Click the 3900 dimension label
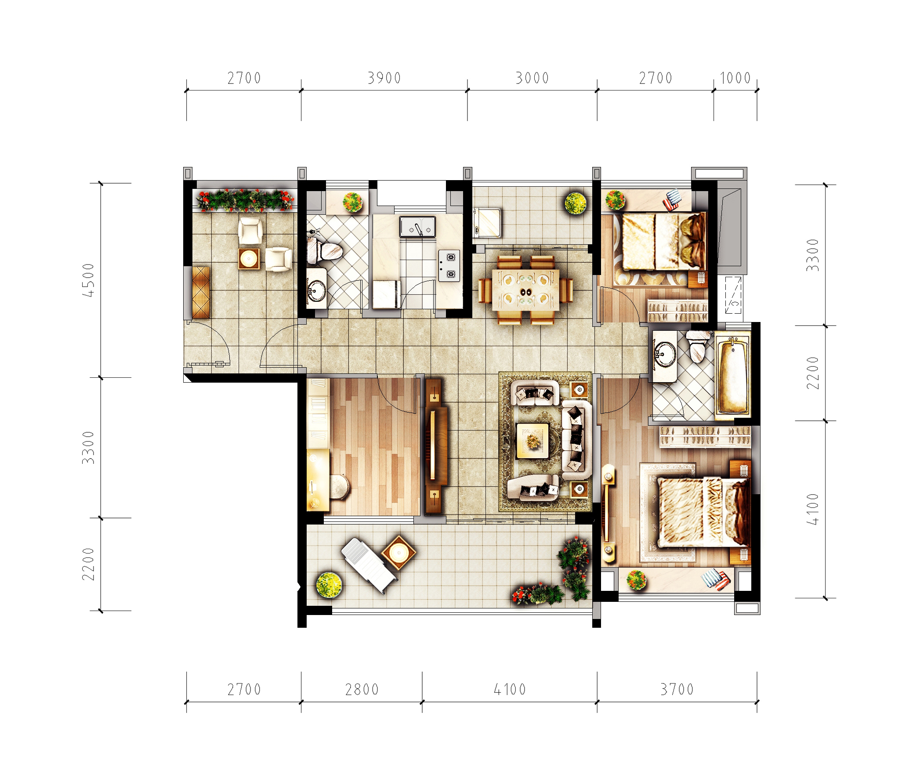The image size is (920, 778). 384,78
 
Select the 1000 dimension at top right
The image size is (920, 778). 735,78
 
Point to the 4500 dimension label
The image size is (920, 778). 89,280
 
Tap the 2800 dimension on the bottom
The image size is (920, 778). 362,689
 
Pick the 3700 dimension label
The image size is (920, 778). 677,689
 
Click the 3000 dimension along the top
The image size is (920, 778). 532,78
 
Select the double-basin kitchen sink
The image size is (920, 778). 417,227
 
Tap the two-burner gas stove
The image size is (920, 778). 449,265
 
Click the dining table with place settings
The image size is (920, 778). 526,290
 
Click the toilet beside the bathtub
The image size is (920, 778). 698,346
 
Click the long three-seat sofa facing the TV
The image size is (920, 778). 576,440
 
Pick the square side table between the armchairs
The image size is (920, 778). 249,259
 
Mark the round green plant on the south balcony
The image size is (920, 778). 329,585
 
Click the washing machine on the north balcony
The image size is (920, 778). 487,223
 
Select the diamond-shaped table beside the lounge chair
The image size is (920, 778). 398,553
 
